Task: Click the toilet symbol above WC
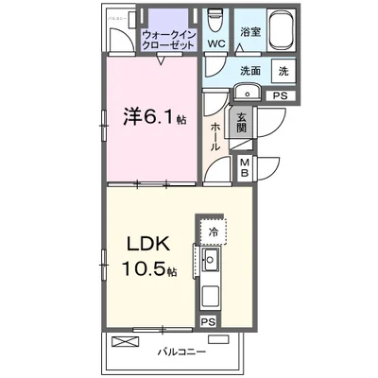pyautogui.click(x=215, y=19)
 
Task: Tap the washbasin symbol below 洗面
pyautogui.click(x=247, y=92)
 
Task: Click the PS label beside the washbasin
pyautogui.click(x=281, y=94)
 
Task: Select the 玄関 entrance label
pyautogui.click(x=242, y=125)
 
